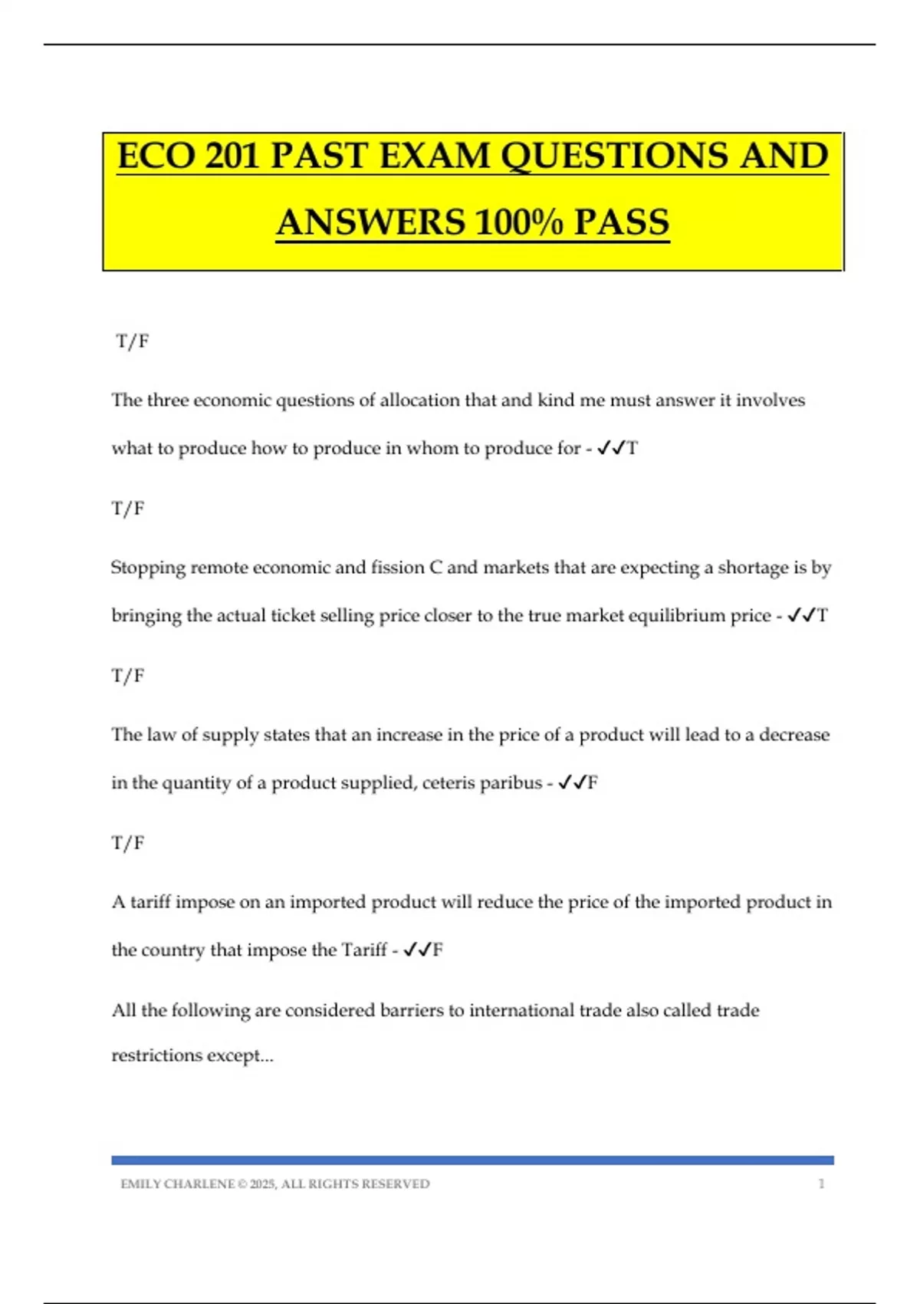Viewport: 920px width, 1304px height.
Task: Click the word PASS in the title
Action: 621,223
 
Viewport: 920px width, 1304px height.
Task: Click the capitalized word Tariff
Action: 364,950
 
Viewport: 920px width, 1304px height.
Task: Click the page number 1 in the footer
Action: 821,1184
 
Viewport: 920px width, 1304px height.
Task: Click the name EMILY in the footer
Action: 140,1184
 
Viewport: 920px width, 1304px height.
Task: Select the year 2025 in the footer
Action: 263,1184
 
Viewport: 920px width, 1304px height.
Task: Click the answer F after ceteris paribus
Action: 593,783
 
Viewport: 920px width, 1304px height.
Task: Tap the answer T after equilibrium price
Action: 823,616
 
